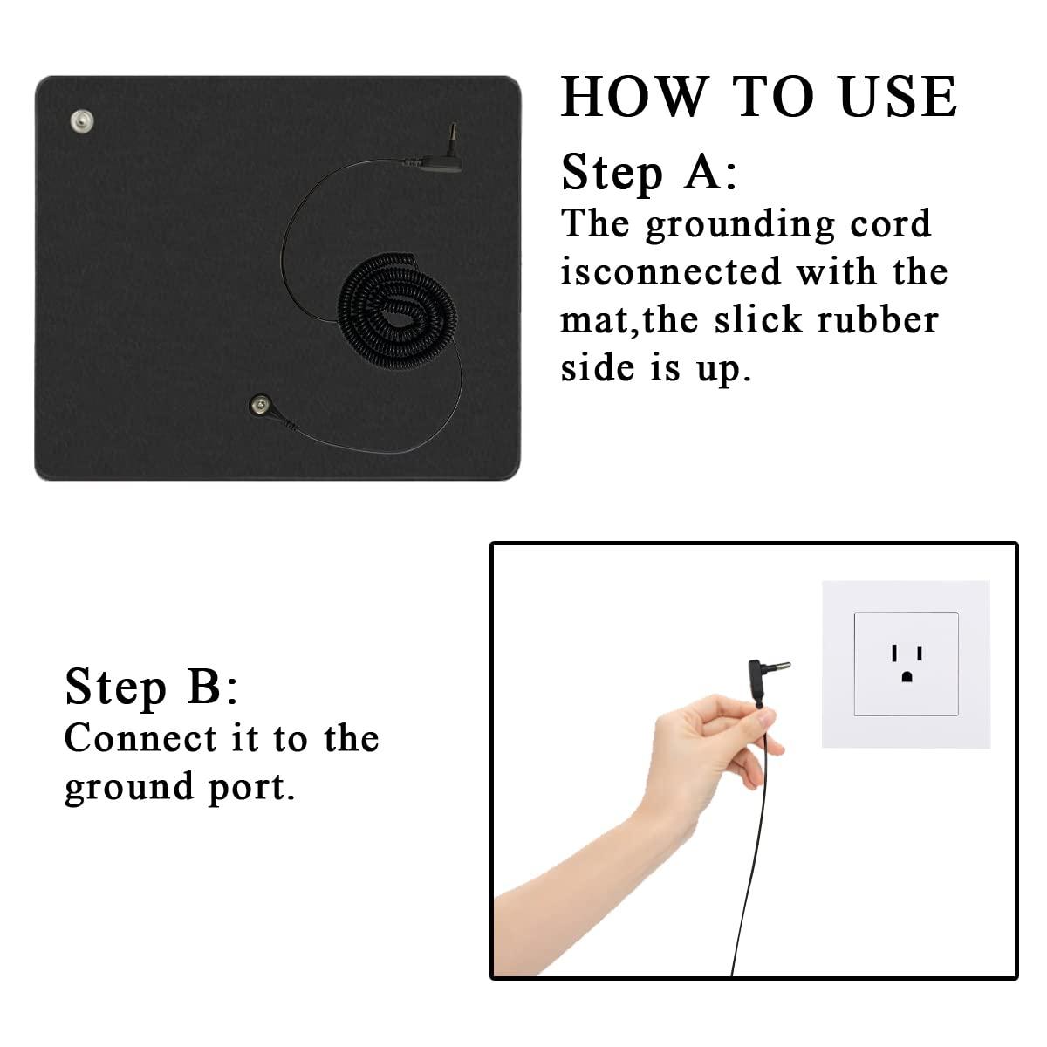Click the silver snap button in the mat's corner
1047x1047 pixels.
point(82,120)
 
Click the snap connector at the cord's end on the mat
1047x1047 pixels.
point(260,404)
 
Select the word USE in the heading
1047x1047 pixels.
point(898,97)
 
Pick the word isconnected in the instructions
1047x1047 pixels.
point(670,271)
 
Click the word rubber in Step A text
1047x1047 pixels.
point(878,320)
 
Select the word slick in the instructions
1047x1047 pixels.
point(758,320)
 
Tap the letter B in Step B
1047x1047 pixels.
point(204,687)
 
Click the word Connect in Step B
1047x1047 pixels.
point(141,738)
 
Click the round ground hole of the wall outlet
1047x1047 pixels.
point(907,676)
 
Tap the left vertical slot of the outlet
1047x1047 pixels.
point(893,653)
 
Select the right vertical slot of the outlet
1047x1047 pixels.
point(920,653)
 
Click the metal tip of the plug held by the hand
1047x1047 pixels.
point(783,665)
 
